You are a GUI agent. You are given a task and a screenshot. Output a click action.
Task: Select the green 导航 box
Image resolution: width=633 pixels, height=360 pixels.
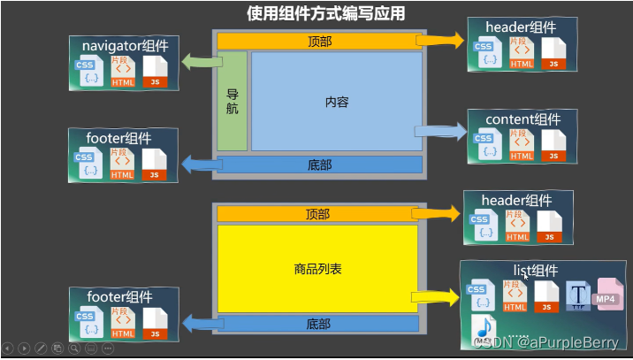click(x=232, y=101)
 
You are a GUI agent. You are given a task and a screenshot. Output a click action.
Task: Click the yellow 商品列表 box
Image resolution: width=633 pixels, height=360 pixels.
click(x=317, y=266)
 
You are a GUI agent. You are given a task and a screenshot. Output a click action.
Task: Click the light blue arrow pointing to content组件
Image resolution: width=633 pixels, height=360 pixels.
click(x=440, y=132)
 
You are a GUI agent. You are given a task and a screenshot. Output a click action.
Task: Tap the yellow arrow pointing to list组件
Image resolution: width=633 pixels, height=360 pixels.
click(x=435, y=298)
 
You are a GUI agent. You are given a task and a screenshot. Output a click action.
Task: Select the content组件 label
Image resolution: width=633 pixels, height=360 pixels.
click(x=522, y=119)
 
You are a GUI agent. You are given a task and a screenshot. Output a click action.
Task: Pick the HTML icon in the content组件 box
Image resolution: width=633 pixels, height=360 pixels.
click(x=522, y=145)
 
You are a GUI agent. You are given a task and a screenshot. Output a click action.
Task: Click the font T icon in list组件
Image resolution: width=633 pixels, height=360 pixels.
click(x=577, y=296)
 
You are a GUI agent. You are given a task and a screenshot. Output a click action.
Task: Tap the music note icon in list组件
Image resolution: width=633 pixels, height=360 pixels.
click(x=484, y=330)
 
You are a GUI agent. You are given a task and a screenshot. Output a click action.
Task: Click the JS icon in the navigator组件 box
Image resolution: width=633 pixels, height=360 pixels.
click(x=154, y=71)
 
